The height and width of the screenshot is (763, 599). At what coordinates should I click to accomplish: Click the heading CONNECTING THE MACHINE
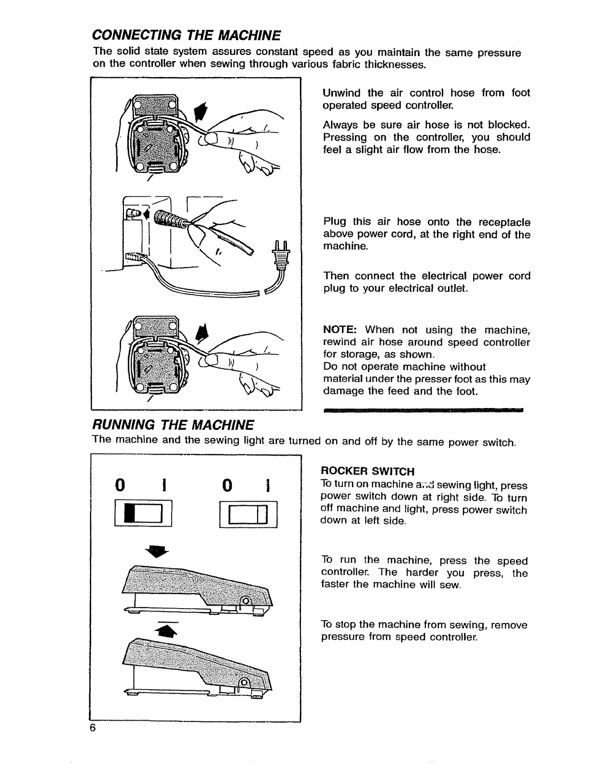(x=186, y=35)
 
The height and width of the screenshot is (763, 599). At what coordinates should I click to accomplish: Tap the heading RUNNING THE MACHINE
(x=173, y=425)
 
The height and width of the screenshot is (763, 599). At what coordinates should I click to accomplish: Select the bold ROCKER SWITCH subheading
(x=368, y=471)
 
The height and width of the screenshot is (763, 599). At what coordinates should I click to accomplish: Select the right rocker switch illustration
(x=248, y=515)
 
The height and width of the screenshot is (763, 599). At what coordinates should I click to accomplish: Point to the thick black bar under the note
(x=423, y=410)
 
